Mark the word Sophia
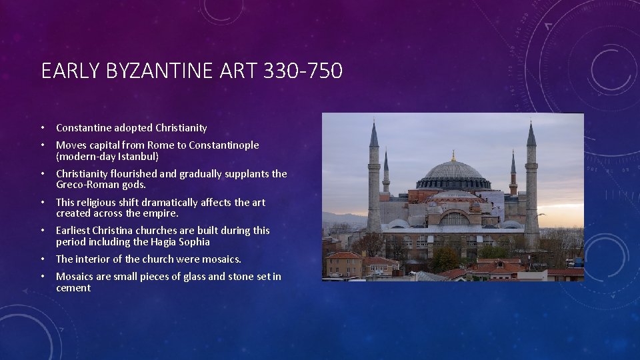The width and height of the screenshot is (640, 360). click(x=193, y=242)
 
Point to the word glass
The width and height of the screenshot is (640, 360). click(x=169, y=276)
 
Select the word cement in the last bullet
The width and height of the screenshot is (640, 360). click(x=73, y=288)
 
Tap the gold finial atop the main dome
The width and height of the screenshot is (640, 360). click(x=453, y=155)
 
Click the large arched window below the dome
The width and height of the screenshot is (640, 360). click(x=455, y=218)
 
